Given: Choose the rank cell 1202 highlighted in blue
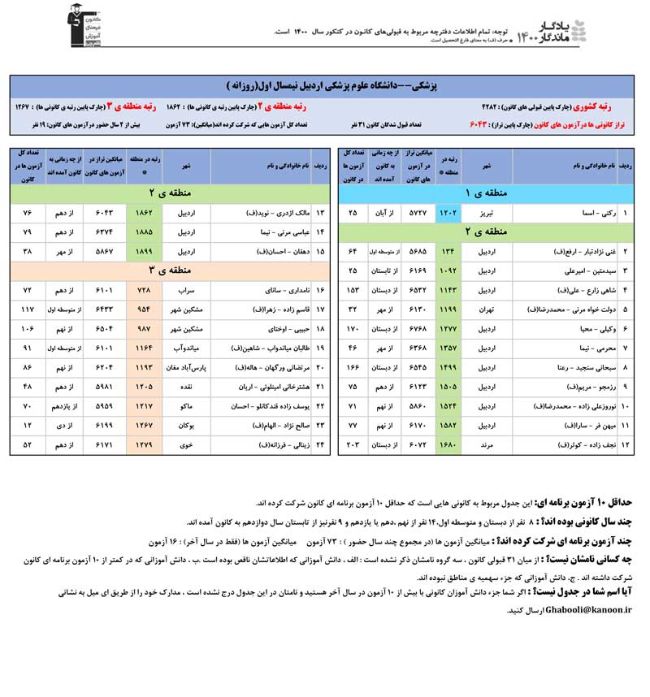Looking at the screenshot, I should [x=448, y=212].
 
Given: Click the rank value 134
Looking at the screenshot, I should [x=448, y=251].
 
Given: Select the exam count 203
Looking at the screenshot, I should [x=353, y=445].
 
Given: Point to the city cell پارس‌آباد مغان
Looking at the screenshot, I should [x=186, y=367].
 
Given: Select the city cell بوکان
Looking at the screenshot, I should [x=186, y=426].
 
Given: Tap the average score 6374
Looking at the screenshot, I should [x=105, y=232].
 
